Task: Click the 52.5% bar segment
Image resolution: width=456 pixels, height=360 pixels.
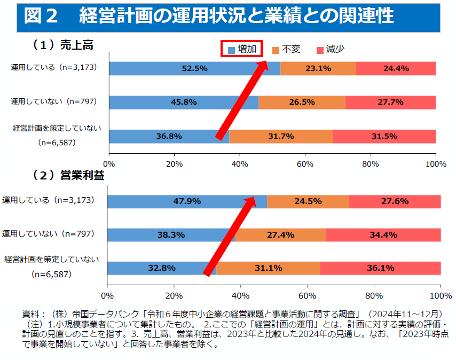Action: click(x=194, y=68)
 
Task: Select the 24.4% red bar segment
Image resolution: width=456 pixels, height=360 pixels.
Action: click(x=396, y=68)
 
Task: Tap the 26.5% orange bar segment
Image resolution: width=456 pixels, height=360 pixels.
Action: click(x=302, y=103)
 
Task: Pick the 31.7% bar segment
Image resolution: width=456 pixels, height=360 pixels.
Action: click(x=281, y=136)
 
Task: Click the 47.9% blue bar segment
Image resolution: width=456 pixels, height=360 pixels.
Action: click(x=187, y=201)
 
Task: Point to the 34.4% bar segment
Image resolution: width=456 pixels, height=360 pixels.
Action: click(x=383, y=234)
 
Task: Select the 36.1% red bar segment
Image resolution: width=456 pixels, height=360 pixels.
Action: click(x=380, y=268)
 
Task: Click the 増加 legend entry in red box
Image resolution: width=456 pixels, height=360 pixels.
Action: click(x=242, y=49)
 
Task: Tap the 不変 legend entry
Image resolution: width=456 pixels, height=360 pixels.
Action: click(x=286, y=49)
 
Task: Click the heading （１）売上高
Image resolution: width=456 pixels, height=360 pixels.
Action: click(x=63, y=45)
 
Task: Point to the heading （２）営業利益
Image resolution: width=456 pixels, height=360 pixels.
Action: click(x=68, y=175)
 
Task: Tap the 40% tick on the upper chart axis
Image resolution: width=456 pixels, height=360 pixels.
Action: click(x=240, y=164)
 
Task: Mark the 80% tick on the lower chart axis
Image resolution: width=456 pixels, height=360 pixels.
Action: click(x=374, y=295)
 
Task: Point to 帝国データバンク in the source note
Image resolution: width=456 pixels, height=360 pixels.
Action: click(x=101, y=313)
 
